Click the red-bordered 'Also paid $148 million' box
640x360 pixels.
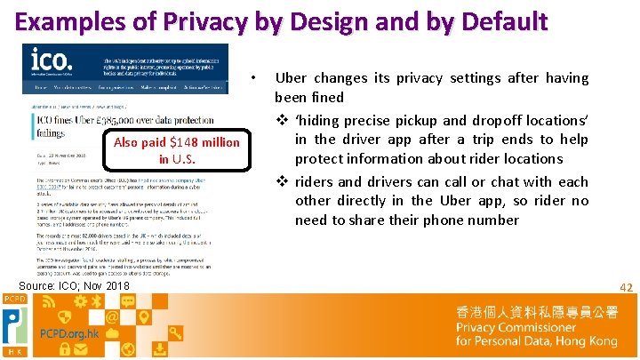click(x=177, y=150)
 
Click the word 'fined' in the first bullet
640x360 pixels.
click(x=326, y=98)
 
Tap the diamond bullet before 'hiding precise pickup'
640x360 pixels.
click(x=281, y=120)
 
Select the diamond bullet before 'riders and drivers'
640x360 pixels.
click(x=281, y=181)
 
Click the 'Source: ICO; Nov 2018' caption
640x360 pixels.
click(x=75, y=285)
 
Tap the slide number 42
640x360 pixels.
click(x=626, y=287)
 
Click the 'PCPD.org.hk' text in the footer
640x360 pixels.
click(x=69, y=334)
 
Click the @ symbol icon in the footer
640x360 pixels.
click(x=112, y=317)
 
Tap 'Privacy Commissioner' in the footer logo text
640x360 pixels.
click(x=516, y=327)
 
